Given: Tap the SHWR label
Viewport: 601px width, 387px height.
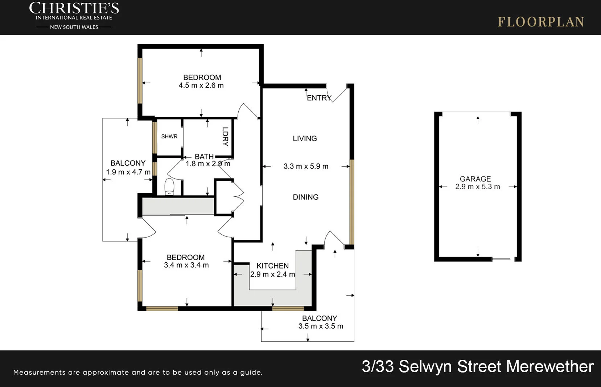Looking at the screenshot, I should (x=169, y=137).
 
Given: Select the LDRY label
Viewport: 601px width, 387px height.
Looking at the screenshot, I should (x=225, y=137).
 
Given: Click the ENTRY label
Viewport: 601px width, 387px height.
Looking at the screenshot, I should (x=319, y=98).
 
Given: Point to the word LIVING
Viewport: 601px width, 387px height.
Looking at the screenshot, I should (x=305, y=138).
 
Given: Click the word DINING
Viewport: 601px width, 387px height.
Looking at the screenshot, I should (x=305, y=197).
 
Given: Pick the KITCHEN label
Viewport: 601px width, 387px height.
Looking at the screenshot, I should (x=272, y=266).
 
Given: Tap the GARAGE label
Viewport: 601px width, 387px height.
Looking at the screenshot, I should (x=475, y=179).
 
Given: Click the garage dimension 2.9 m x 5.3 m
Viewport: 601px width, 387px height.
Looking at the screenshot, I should (x=477, y=187).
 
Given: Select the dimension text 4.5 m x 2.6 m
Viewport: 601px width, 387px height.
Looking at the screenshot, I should (x=201, y=86).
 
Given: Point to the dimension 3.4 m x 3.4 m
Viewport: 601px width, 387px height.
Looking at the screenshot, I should (x=186, y=265).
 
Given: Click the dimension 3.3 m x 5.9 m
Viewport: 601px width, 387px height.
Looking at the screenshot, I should (x=306, y=166).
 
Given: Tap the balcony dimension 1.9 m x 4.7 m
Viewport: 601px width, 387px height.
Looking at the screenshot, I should (x=128, y=172).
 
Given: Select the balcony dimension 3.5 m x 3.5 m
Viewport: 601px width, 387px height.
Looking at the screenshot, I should (x=321, y=326).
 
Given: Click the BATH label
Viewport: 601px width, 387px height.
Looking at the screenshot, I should (x=204, y=157).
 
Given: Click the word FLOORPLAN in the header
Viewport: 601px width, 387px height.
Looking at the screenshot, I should (x=541, y=22).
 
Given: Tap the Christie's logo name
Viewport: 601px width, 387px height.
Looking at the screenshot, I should (x=74, y=8).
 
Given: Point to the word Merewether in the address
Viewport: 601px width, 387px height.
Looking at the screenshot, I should (x=550, y=366).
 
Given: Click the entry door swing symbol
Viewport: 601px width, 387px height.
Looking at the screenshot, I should (x=338, y=93).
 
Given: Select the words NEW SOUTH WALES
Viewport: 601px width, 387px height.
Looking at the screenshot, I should (x=74, y=27).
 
